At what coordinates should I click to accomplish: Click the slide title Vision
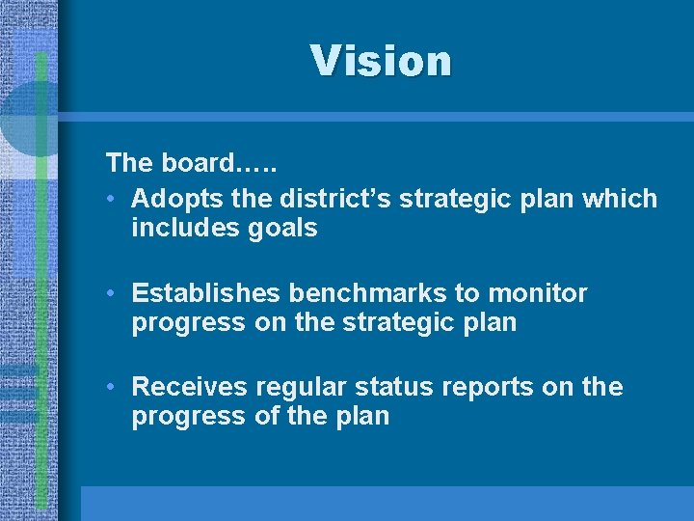(x=381, y=61)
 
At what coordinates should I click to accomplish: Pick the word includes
(x=184, y=228)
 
